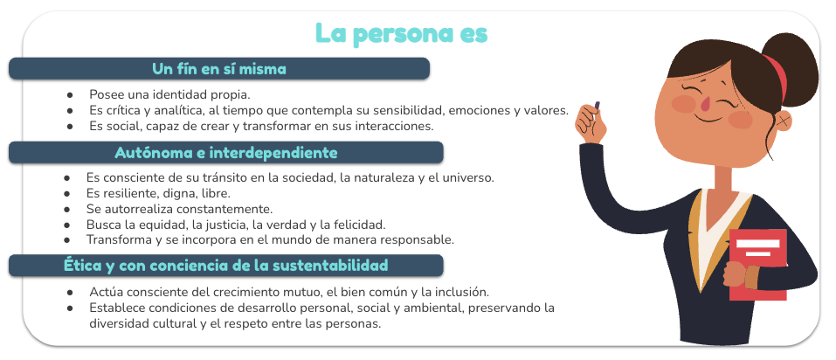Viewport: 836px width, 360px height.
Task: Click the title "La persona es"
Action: pyautogui.click(x=402, y=33)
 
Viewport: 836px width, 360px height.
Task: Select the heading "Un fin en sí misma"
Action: pyautogui.click(x=219, y=69)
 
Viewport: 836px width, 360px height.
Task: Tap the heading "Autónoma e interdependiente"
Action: pyautogui.click(x=226, y=153)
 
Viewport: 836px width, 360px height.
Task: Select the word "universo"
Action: pyautogui.click(x=470, y=177)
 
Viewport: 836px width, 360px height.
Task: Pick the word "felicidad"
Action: pyautogui.click(x=361, y=224)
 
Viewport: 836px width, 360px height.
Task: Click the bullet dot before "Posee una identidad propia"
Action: pyautogui.click(x=70, y=95)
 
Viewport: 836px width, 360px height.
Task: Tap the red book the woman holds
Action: pyautogui.click(x=757, y=265)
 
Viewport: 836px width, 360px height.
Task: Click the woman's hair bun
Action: pyautogui.click(x=791, y=69)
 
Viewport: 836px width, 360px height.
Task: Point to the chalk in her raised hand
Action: pyautogui.click(x=597, y=106)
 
